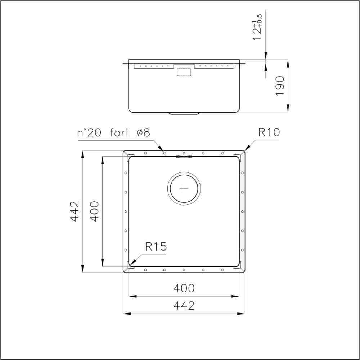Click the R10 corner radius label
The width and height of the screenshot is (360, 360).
(x=269, y=132)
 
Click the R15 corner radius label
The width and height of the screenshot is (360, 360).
(x=156, y=247)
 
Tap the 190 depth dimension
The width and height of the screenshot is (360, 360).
(x=280, y=86)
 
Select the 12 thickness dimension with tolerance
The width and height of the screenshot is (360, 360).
(x=257, y=27)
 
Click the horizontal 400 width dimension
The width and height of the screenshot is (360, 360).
(x=184, y=288)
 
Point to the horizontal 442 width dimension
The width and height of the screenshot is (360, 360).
(x=184, y=306)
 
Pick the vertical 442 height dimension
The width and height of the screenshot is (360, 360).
(x=75, y=211)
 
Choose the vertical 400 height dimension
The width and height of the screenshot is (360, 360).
(x=94, y=211)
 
